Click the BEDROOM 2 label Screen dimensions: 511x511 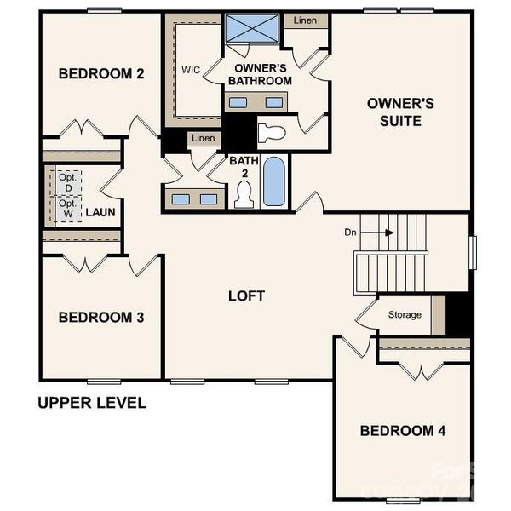(100, 73)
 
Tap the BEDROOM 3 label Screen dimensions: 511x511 (100, 318)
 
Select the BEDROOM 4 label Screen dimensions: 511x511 (403, 431)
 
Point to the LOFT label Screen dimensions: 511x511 (246, 296)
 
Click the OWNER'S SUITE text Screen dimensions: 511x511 (400, 112)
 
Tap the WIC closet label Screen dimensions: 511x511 (191, 71)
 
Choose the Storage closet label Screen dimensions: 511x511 (405, 315)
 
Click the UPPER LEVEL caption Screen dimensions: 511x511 (92, 403)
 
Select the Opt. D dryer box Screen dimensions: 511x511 (68, 182)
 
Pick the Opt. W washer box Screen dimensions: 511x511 (68, 209)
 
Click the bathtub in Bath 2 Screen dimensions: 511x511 (273, 181)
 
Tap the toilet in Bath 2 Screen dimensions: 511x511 (244, 194)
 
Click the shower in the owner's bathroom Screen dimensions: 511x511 (254, 30)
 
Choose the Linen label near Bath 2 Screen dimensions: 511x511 (203, 138)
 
